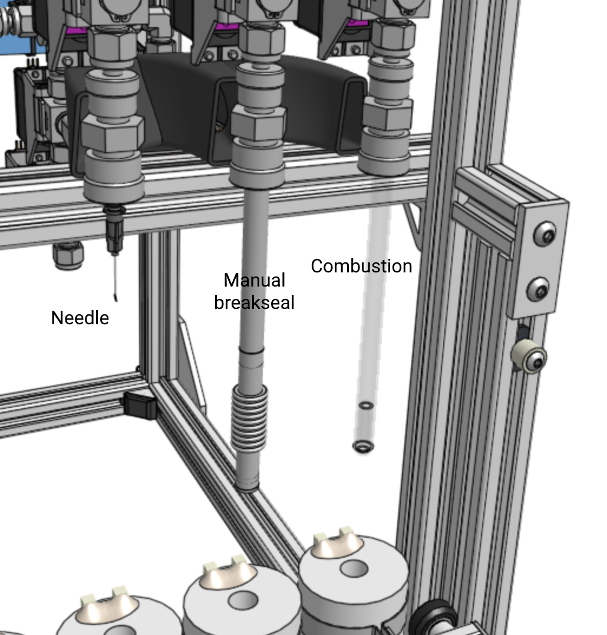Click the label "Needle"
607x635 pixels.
pyautogui.click(x=80, y=318)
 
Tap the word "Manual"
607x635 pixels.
pyautogui.click(x=255, y=280)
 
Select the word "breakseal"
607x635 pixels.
pyautogui.click(x=254, y=302)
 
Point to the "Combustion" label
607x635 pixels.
pyautogui.click(x=361, y=266)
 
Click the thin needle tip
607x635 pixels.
pyautogui.click(x=116, y=299)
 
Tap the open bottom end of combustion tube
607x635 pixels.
pyautogui.click(x=363, y=447)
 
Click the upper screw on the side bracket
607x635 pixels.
pyautogui.click(x=545, y=234)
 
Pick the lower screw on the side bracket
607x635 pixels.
pyautogui.click(x=539, y=289)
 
